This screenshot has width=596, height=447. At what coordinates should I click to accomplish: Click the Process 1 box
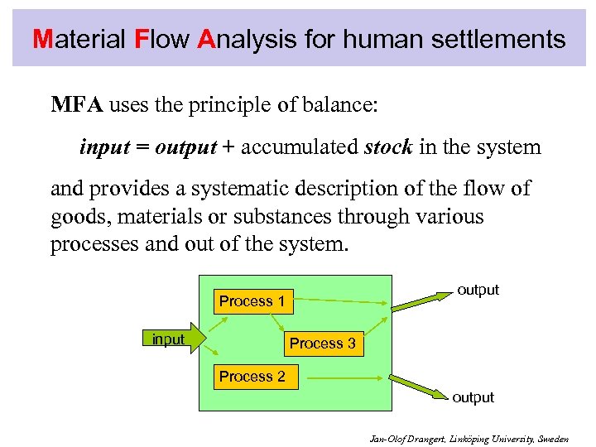point(252,301)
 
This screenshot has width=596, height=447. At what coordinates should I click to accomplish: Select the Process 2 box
point(252,377)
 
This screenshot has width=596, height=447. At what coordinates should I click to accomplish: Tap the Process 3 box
point(322,344)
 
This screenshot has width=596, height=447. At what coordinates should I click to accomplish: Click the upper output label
point(478,290)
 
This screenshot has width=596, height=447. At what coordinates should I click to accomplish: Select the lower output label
point(473,397)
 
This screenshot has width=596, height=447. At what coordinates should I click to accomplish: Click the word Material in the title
point(79,39)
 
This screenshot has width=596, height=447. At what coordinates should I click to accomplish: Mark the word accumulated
point(300,147)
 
